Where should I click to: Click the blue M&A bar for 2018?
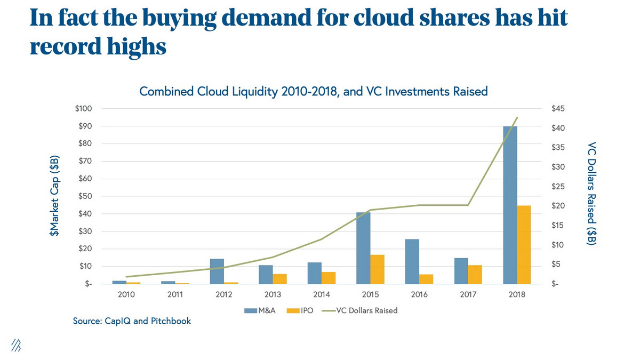tap(510, 205)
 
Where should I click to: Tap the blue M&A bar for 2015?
tap(363, 248)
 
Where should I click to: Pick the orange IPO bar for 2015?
tap(377, 269)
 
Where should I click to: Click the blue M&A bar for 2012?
tap(217, 271)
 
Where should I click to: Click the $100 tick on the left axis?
tap(84, 109)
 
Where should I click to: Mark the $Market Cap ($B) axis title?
tap(54, 196)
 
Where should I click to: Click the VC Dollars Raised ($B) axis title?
tap(591, 193)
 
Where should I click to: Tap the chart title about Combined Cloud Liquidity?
tap(314, 91)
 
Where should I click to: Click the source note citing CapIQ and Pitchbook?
tap(132, 321)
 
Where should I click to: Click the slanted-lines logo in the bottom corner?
tap(17, 345)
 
